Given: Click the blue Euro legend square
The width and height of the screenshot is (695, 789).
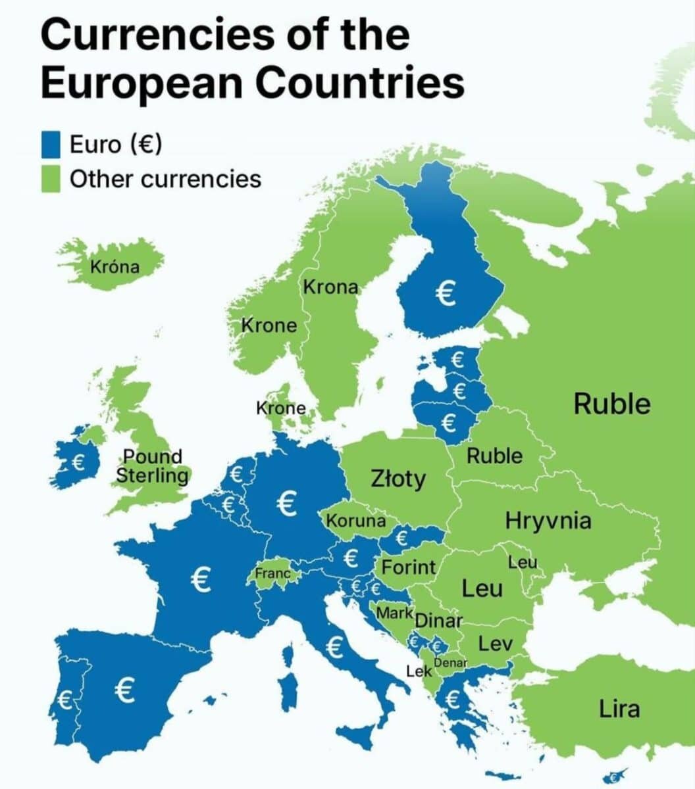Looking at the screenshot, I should [x=51, y=144].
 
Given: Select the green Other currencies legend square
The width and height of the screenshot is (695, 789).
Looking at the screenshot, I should [x=51, y=179].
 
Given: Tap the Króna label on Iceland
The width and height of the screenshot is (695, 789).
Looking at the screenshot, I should [x=115, y=267].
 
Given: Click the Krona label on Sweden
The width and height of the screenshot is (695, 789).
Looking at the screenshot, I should [x=330, y=287].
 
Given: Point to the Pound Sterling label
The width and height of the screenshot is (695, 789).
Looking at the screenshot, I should [x=152, y=466].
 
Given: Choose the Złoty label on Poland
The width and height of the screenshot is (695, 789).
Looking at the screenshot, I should [x=398, y=479].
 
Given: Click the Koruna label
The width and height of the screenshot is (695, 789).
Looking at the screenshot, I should [x=356, y=521].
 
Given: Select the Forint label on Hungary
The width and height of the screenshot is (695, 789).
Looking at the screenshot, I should [x=409, y=567].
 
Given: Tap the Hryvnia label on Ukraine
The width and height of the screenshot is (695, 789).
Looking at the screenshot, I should [x=548, y=521].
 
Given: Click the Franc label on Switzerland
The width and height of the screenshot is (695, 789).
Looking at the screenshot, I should [x=272, y=573].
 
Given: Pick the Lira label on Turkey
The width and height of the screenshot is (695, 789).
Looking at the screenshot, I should [x=619, y=709].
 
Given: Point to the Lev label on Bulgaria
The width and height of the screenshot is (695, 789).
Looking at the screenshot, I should [x=495, y=644].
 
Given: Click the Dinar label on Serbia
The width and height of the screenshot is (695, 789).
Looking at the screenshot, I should [x=439, y=620].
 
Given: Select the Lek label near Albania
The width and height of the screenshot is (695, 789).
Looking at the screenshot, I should [x=419, y=671].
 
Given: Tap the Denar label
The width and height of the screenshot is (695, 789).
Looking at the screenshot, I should [x=450, y=663].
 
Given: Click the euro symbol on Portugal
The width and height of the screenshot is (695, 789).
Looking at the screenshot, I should [x=64, y=700].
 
